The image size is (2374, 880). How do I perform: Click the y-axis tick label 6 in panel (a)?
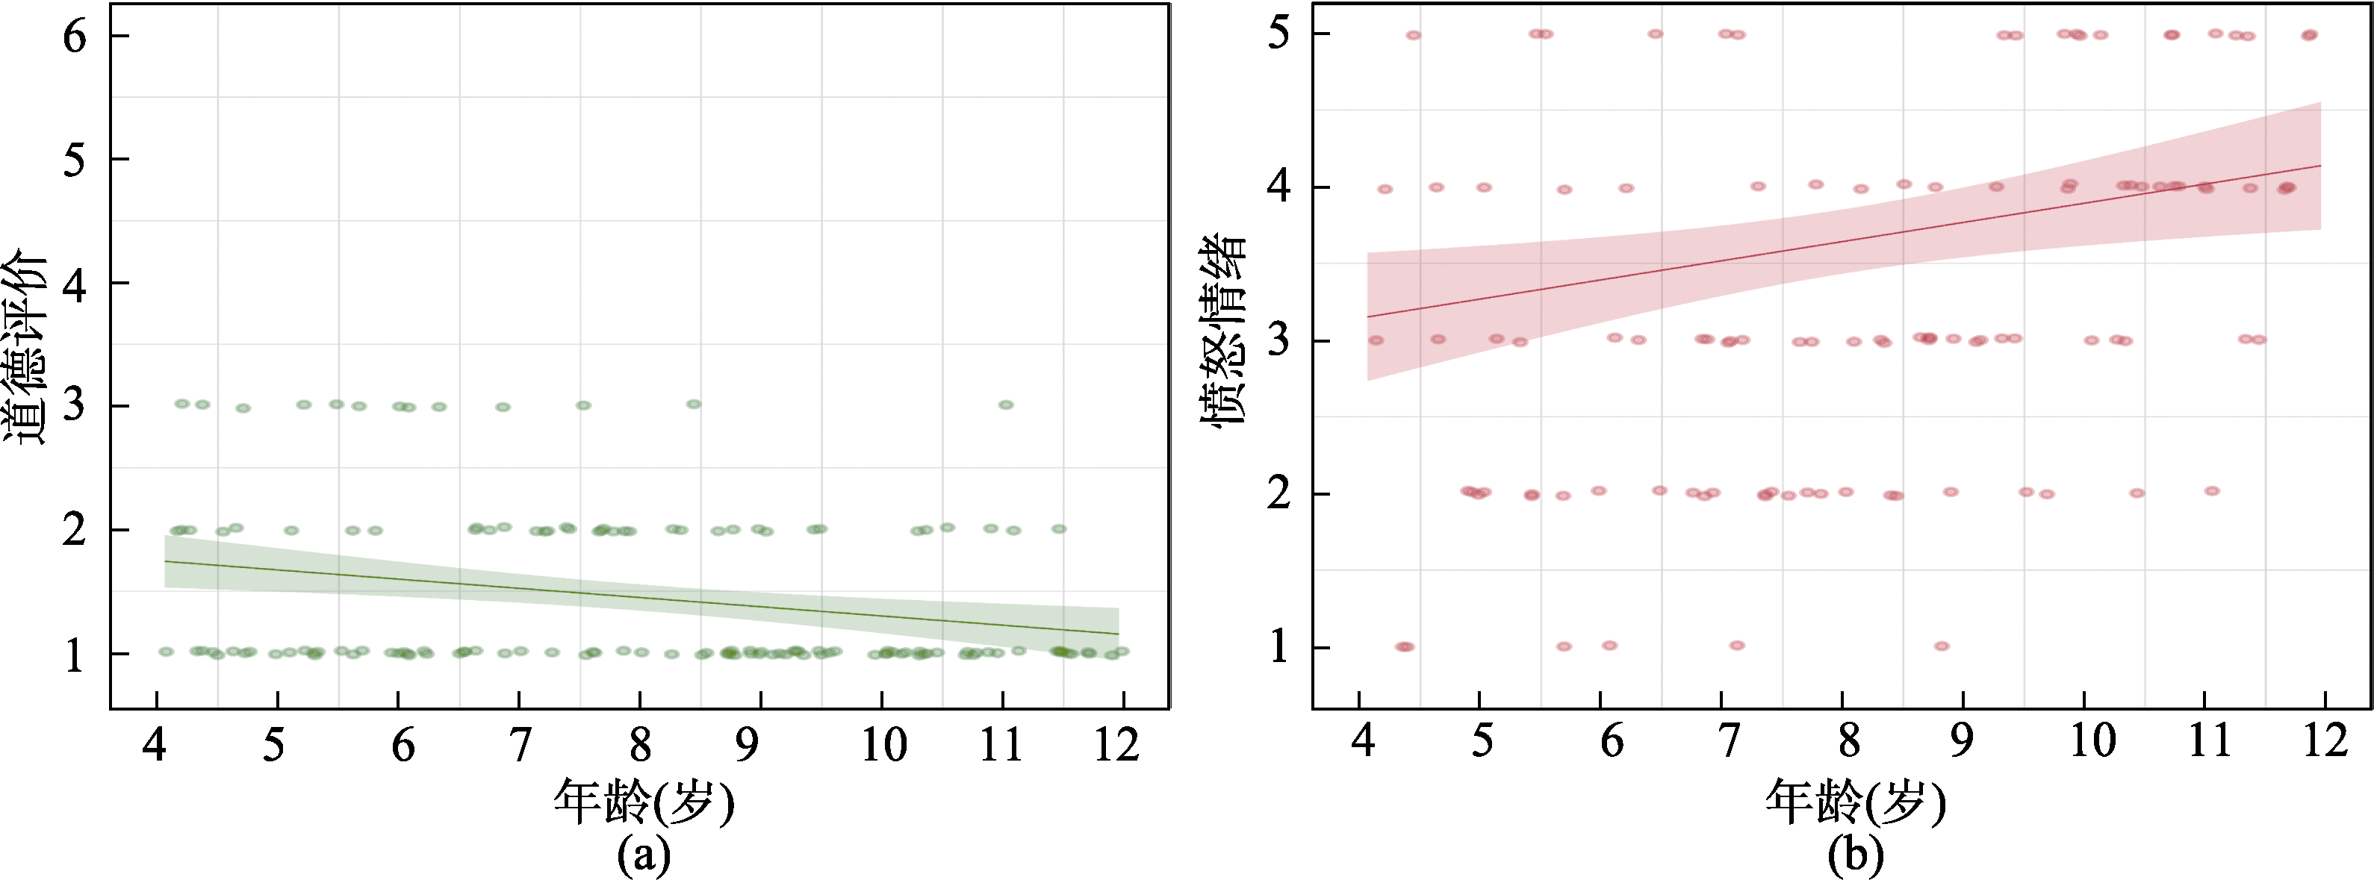[75, 37]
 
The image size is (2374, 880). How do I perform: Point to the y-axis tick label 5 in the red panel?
[1279, 34]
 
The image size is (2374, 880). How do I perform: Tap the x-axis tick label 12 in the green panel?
[1117, 745]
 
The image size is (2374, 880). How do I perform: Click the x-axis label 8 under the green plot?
[639, 745]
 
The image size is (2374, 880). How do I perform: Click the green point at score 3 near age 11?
[1005, 405]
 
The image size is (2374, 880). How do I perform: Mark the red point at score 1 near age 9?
[1941, 646]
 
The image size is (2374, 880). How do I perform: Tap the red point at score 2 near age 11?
[2212, 491]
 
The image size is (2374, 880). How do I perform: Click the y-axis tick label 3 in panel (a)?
[75, 405]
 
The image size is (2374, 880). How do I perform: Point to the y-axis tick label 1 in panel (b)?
[1279, 648]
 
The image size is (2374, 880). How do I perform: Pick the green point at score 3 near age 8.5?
[694, 404]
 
